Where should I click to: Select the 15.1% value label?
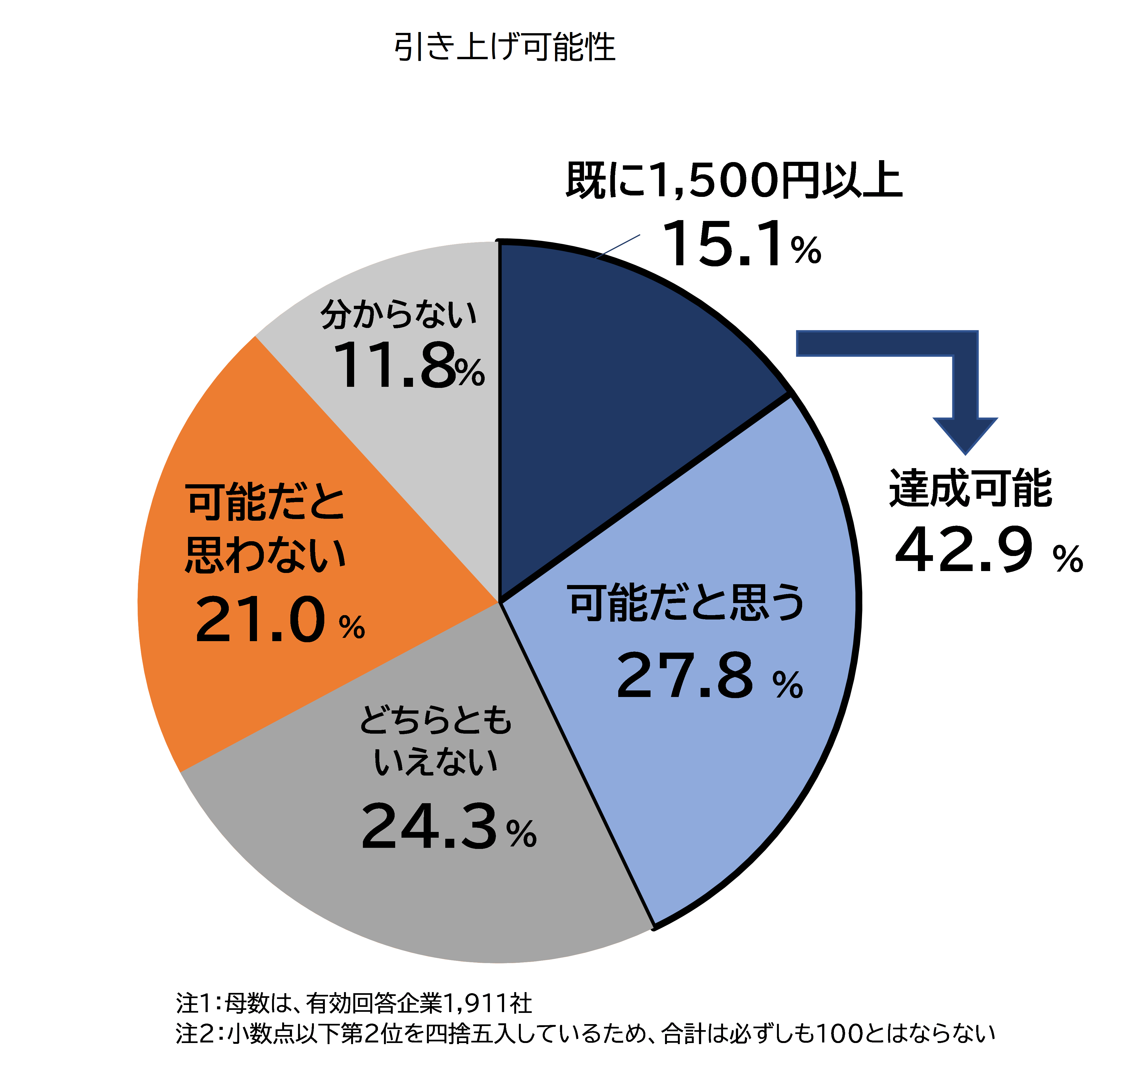click(x=741, y=245)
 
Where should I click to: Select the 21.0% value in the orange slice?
click(x=279, y=620)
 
